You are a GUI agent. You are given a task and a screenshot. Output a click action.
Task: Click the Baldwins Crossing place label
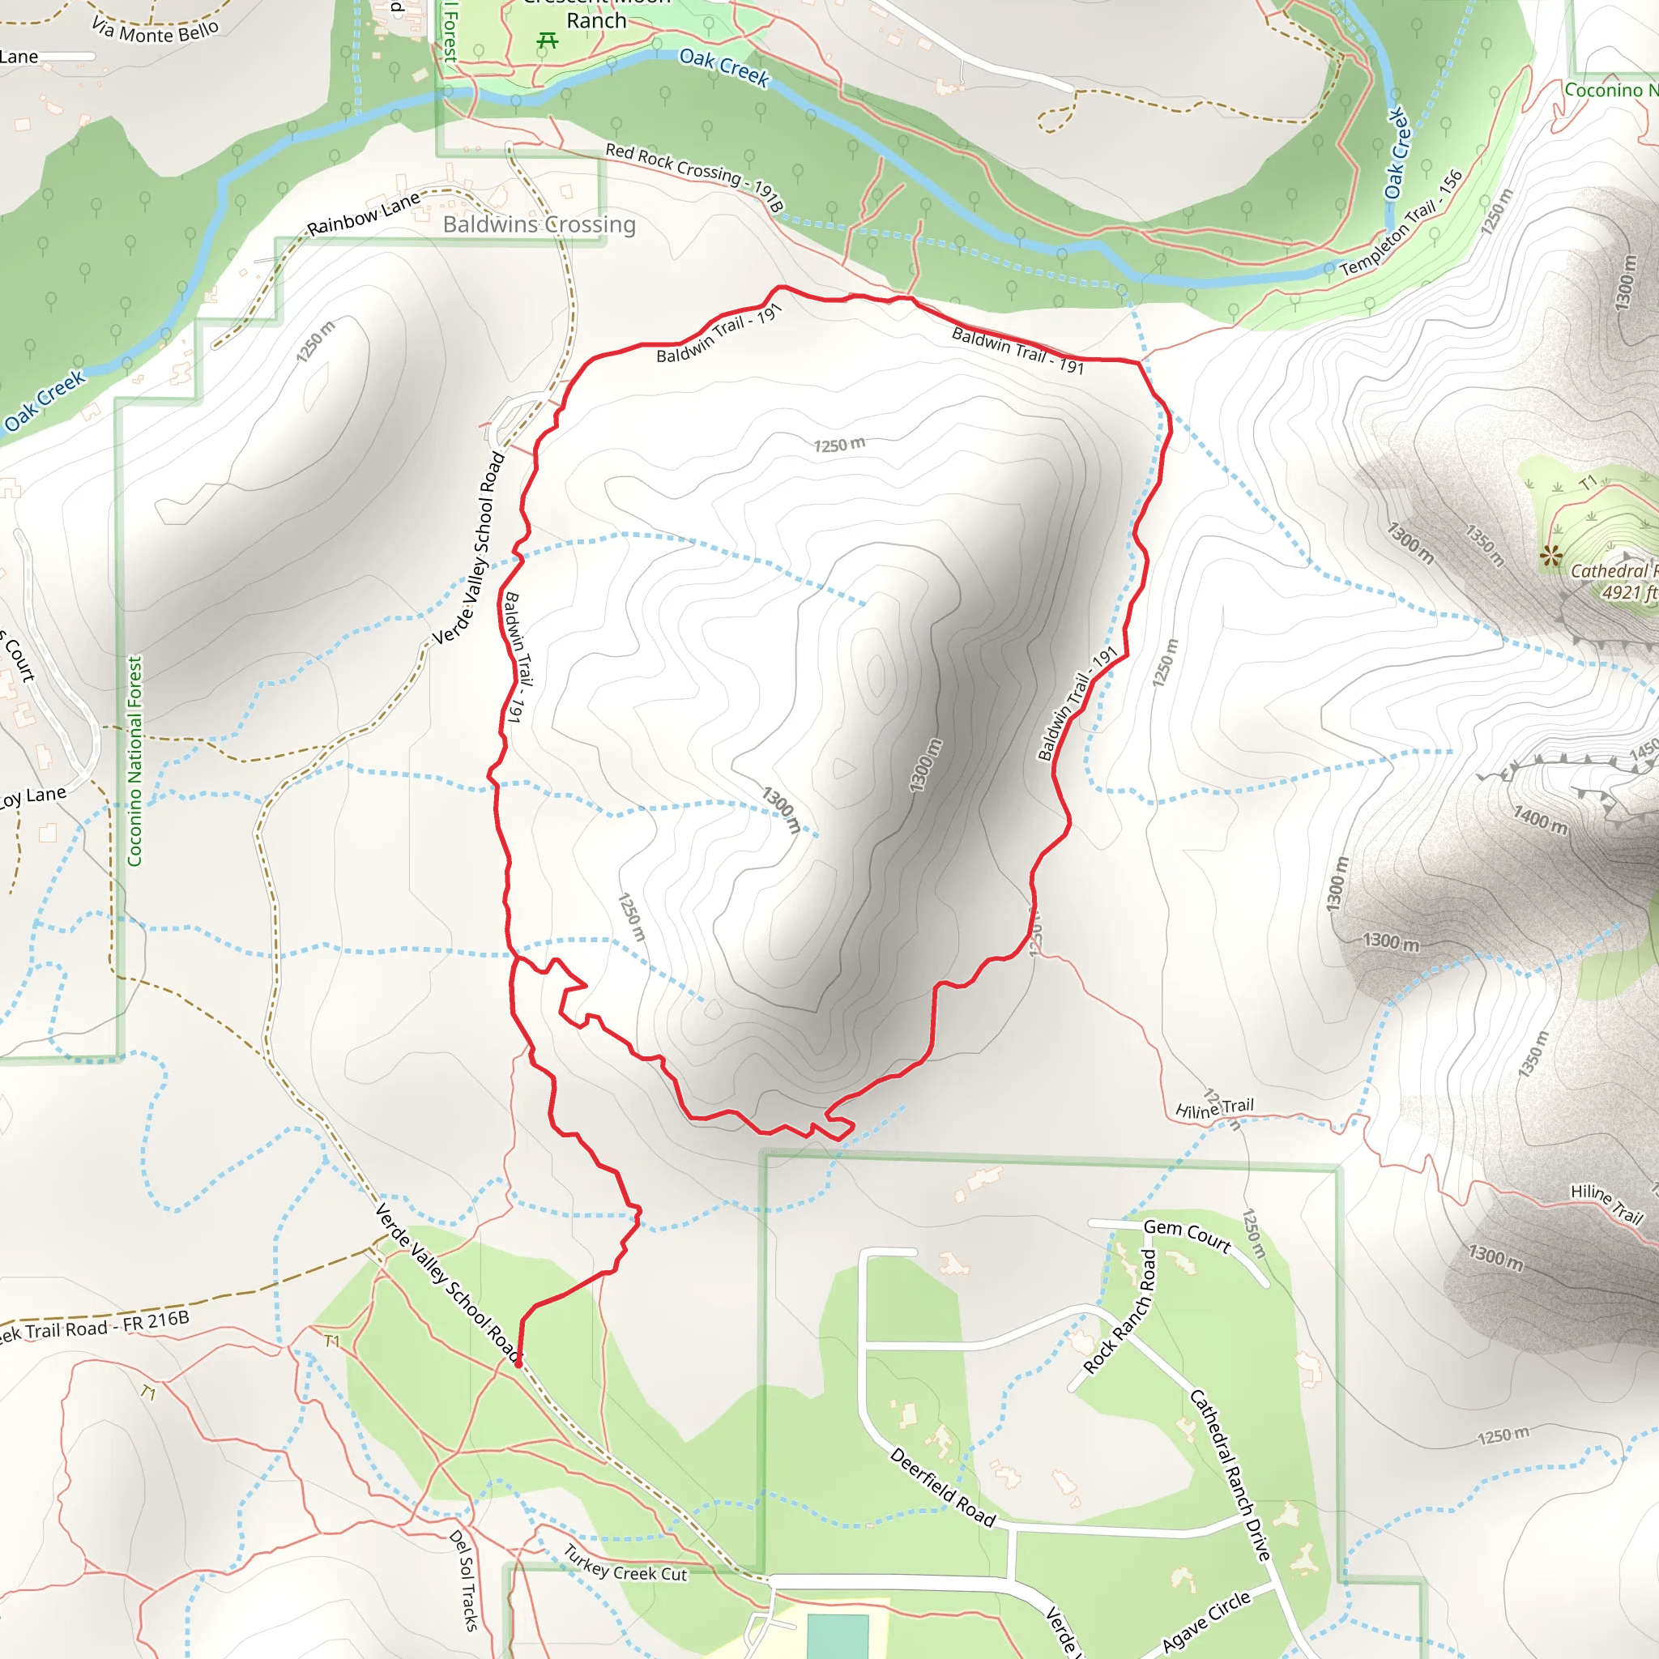click(539, 224)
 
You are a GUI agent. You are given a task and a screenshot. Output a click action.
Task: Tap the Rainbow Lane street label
click(363, 214)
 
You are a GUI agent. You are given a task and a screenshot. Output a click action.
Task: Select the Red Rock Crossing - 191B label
click(694, 176)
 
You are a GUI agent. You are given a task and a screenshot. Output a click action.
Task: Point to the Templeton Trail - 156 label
click(1401, 224)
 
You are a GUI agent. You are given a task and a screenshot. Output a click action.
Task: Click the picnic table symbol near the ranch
click(547, 41)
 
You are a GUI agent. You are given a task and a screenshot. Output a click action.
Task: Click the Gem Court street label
click(1187, 1235)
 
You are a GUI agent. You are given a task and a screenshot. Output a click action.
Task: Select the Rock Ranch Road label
click(1120, 1311)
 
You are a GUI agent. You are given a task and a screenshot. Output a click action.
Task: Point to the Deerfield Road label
click(942, 1488)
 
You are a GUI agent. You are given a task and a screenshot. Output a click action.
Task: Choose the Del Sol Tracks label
click(463, 1580)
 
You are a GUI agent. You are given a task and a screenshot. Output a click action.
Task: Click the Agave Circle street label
click(1206, 1620)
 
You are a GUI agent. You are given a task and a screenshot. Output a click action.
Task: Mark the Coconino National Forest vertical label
click(134, 761)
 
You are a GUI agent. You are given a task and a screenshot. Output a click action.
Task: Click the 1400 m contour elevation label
click(1541, 820)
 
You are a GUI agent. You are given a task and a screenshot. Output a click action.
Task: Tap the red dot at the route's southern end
click(518, 1363)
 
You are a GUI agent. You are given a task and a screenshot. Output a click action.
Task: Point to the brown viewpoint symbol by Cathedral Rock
click(1550, 556)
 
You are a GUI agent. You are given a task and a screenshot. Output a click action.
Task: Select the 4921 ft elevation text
click(1628, 592)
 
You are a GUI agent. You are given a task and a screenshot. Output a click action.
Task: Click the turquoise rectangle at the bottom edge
click(838, 1636)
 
